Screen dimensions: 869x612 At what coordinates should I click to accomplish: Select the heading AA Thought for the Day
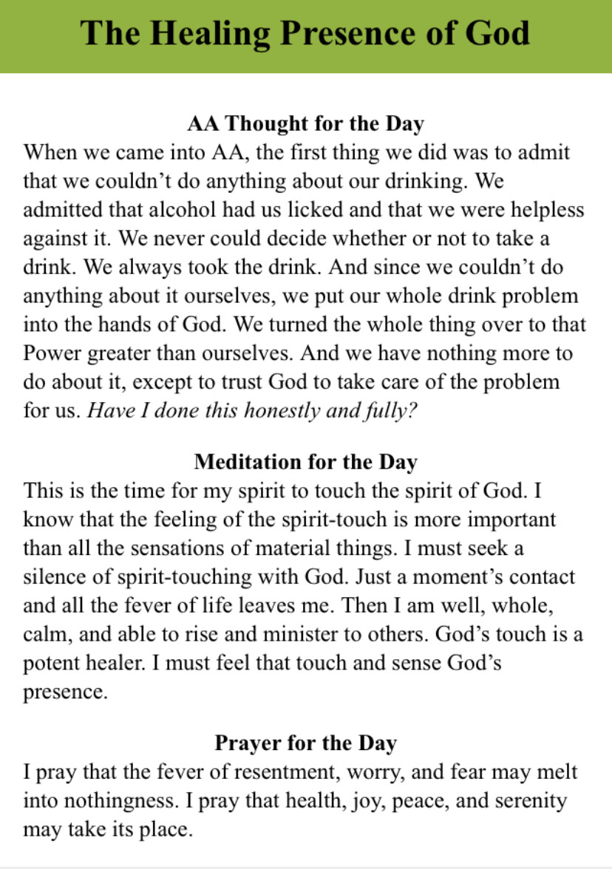pos(305,123)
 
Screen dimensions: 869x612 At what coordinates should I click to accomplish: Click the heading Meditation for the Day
pos(305,462)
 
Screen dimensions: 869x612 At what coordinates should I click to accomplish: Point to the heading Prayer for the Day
pos(305,743)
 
